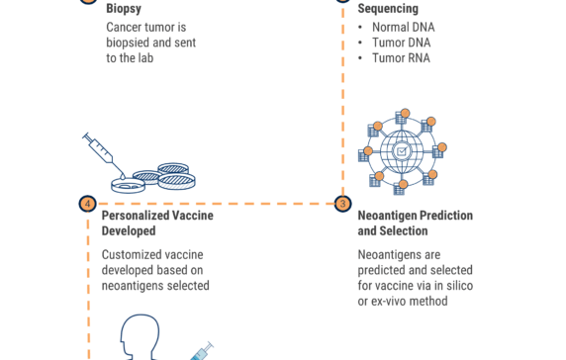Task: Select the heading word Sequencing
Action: (388, 9)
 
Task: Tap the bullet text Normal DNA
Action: (403, 27)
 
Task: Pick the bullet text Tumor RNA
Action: (401, 58)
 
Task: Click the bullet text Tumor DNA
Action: (401, 43)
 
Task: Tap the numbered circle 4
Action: (88, 204)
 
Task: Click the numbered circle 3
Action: (343, 204)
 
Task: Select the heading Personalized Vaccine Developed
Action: (156, 223)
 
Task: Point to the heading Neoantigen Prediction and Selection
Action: (415, 223)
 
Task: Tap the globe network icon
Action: (402, 151)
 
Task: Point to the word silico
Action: (457, 286)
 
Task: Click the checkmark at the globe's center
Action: (402, 151)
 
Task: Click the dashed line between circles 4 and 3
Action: (216, 204)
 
